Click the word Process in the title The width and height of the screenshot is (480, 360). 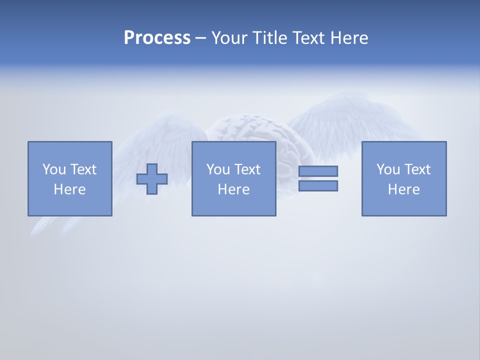coord(157,38)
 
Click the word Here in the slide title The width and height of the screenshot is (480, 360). coord(349,38)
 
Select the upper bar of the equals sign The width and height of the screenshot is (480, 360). coord(318,171)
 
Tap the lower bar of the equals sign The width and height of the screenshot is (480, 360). coord(318,185)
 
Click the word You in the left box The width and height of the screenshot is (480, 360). coord(54,169)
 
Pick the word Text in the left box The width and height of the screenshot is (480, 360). coord(82,169)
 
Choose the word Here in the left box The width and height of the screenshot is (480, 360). coord(69,189)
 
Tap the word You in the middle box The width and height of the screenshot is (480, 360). coord(218,169)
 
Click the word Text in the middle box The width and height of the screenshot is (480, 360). coord(246,169)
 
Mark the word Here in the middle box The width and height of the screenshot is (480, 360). coord(233,189)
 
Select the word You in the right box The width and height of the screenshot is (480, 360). coord(388,169)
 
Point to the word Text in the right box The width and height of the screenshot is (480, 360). coord(416,169)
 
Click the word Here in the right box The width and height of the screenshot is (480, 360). coord(403,189)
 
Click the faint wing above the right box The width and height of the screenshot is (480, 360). coord(350,120)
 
